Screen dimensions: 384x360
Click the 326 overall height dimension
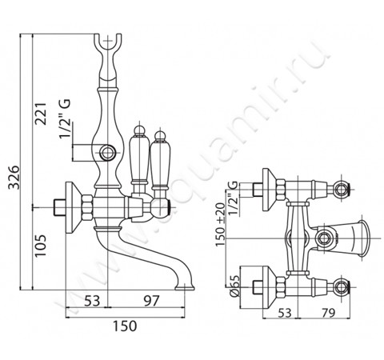14,177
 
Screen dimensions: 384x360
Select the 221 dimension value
42,114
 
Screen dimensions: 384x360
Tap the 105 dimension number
42,246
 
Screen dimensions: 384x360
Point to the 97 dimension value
151,301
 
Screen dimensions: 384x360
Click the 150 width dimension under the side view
125,326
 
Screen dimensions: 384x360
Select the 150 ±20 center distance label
220,225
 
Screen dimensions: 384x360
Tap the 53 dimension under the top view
285,313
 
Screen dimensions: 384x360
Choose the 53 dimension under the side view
92,301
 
